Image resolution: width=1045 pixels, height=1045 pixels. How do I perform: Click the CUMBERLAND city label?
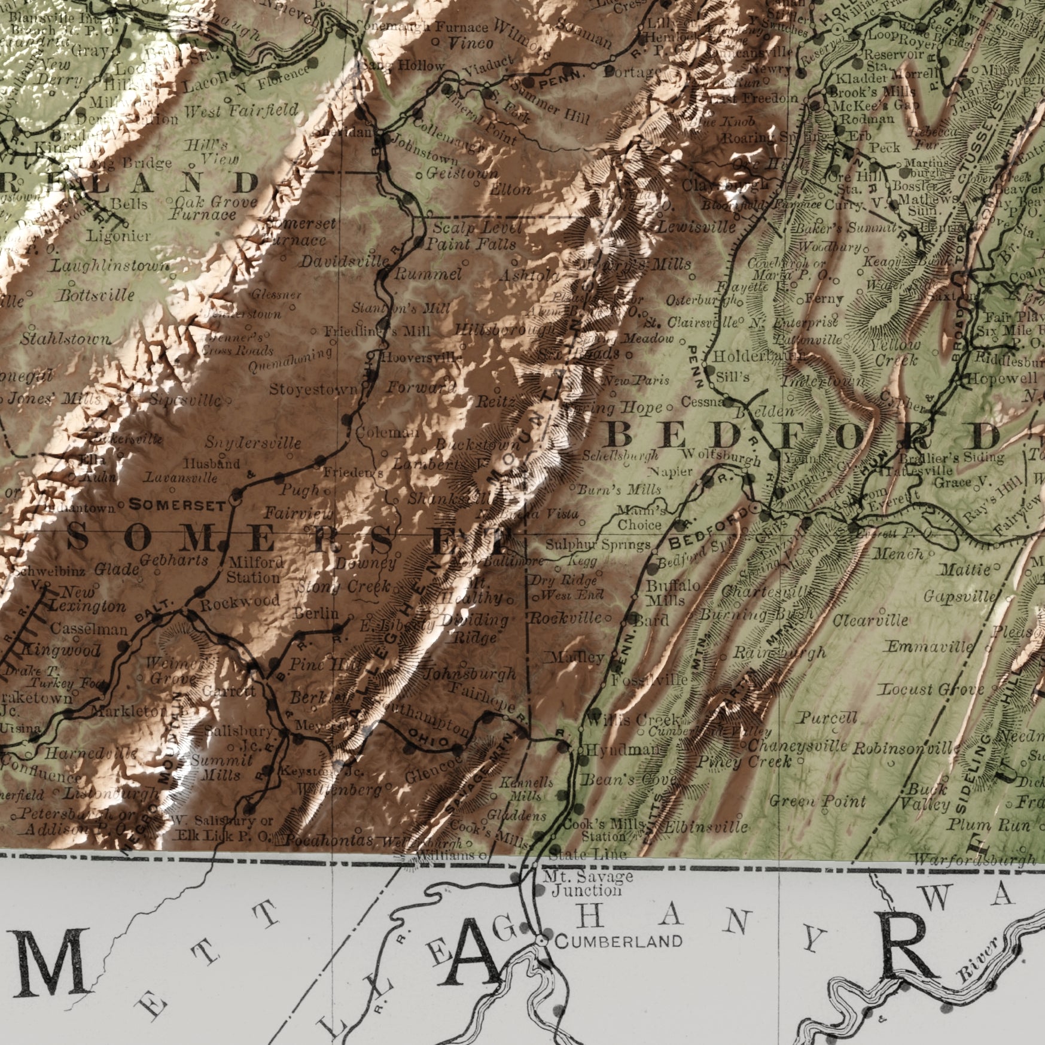(619, 941)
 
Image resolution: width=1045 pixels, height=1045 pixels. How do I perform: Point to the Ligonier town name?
(119, 236)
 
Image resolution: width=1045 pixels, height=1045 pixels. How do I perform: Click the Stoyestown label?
(313, 390)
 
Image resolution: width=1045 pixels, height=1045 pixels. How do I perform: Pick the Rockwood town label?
(240, 602)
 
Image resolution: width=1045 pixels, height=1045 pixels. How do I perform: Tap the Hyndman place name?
(623, 750)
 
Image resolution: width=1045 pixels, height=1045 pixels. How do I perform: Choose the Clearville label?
(870, 620)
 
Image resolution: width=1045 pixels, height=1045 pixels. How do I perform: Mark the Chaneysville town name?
(797, 746)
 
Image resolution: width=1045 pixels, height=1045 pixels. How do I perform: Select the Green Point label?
(818, 801)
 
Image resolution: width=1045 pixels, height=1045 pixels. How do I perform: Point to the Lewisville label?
(697, 227)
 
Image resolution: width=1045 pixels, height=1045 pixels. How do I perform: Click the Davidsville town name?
(345, 262)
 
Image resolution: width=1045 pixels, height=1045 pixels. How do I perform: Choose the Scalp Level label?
(477, 228)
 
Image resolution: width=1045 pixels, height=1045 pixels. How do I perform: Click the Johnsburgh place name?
(470, 674)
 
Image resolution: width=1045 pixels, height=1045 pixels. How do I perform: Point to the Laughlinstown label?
(111, 265)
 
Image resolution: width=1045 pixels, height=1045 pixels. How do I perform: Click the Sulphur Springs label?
(598, 545)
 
